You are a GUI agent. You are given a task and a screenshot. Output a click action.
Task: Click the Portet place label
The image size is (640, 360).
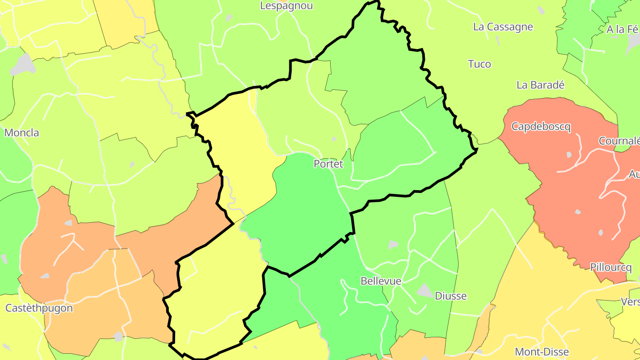(x=328, y=164)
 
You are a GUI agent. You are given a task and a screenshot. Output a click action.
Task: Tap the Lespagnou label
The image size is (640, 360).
(x=286, y=6)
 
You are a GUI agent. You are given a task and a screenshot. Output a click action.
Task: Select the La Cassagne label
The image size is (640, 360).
(x=503, y=27)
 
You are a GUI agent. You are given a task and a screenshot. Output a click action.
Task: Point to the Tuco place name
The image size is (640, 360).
(x=480, y=64)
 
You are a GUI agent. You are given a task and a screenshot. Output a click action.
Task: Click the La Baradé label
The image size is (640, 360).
(x=540, y=85)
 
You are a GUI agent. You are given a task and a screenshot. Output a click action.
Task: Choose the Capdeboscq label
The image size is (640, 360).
(x=540, y=127)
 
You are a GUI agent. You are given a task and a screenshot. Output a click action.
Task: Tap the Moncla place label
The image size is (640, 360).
(x=21, y=132)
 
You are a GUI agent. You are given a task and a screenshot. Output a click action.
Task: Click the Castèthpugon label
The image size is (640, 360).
(x=39, y=308)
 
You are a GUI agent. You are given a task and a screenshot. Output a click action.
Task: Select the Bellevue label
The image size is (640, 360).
(x=381, y=281)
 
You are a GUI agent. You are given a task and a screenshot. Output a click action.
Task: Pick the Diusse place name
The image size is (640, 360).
(x=451, y=296)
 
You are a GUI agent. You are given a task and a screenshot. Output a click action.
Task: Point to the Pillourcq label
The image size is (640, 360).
(x=611, y=267)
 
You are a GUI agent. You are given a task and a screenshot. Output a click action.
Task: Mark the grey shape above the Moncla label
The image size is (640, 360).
(x=22, y=65)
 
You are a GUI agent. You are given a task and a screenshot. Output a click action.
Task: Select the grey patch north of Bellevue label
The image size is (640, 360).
(x=393, y=244)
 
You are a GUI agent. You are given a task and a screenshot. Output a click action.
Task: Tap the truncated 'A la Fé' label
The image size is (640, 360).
(x=623, y=29)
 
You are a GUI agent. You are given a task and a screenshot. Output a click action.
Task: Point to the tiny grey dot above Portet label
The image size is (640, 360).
(x=334, y=139)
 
